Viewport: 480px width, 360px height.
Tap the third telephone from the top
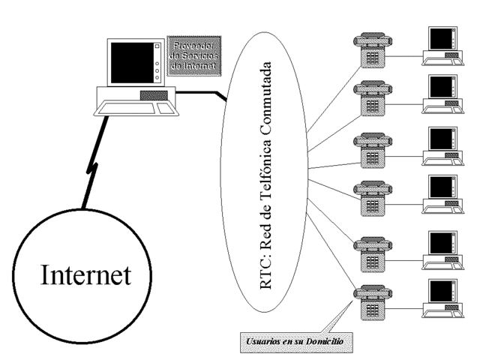coord(370,149)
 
